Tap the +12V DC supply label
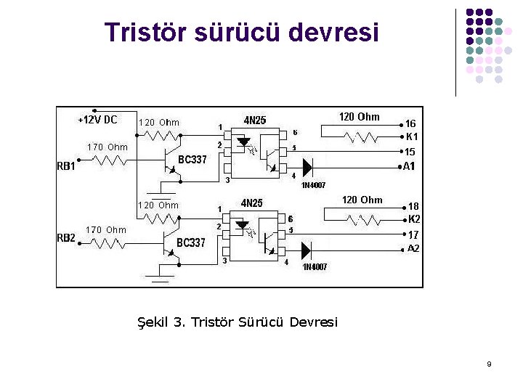[97, 119]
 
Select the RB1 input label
[67, 166]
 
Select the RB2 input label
[67, 237]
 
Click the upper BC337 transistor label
[192, 160]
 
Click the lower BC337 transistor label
[192, 242]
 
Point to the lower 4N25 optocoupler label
[252, 203]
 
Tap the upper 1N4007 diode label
[314, 184]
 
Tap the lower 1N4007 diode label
[315, 266]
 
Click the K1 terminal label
[411, 137]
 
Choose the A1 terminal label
[410, 166]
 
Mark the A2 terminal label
[413, 248]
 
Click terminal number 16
[410, 124]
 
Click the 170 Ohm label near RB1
[107, 147]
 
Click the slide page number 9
[489, 364]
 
